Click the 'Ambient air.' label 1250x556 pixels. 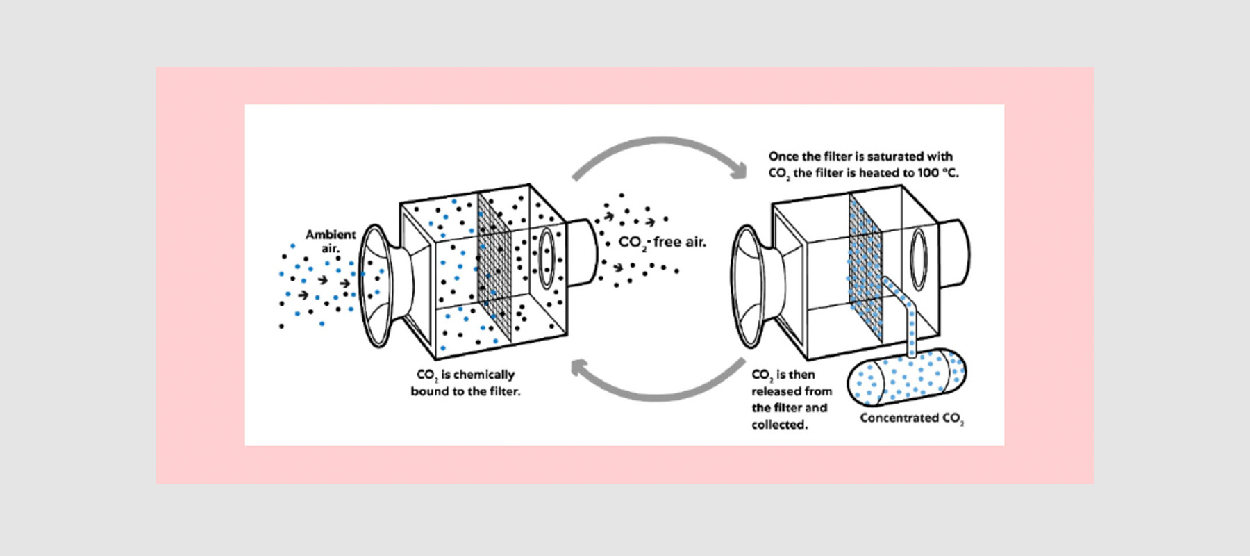(331, 241)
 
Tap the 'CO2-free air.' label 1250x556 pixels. (662, 243)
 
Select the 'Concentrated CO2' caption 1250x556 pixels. (911, 418)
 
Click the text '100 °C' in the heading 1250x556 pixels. (937, 173)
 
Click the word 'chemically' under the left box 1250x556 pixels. (483, 375)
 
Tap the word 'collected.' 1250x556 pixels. (779, 425)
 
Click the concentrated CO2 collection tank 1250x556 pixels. (906, 377)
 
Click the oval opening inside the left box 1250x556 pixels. (547, 257)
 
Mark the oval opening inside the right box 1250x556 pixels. (919, 258)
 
